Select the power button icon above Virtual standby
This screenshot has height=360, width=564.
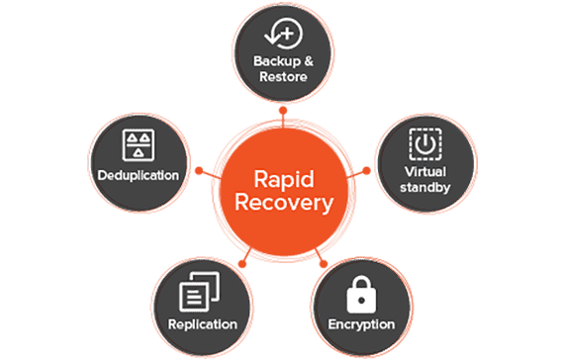(x=424, y=144)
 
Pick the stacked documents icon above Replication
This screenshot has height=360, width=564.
(x=202, y=293)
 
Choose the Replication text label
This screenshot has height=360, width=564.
(x=203, y=323)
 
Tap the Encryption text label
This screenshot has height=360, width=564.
(x=361, y=323)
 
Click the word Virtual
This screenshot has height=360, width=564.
(x=424, y=170)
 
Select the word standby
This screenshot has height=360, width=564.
(x=424, y=186)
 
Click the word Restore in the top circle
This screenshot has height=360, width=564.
(x=281, y=76)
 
